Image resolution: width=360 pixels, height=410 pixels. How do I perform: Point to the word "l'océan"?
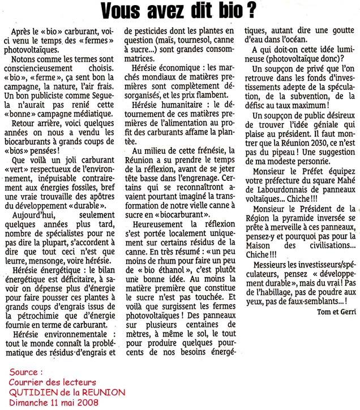point(295,39)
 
